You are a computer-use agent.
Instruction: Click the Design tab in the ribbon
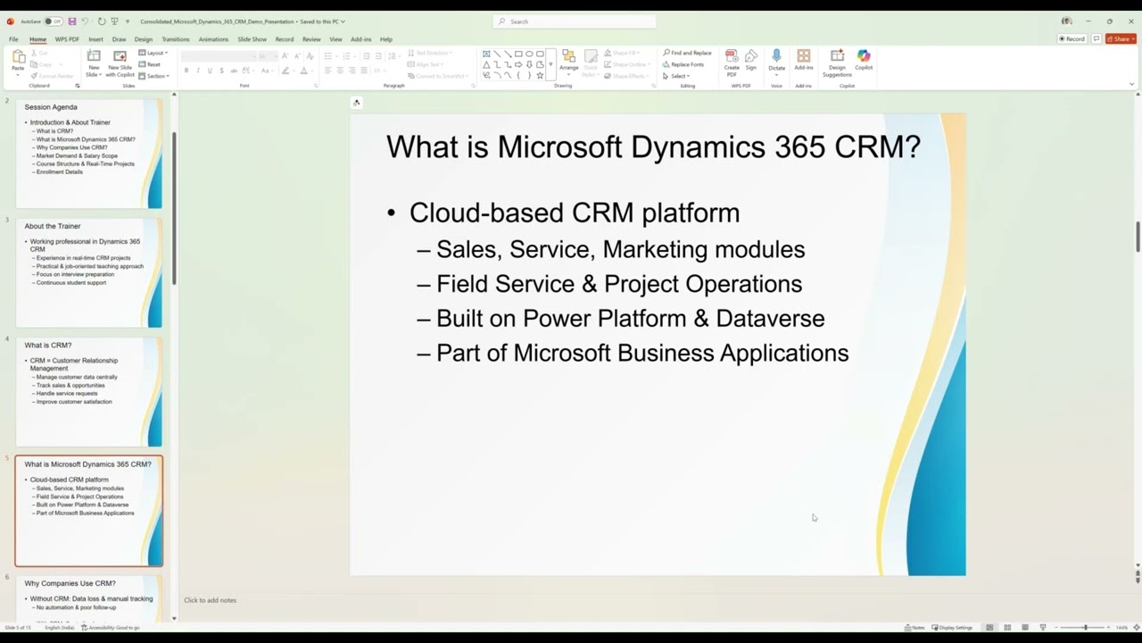[144, 39]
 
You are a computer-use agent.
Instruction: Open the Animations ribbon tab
[213, 39]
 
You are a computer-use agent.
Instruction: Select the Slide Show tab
[252, 39]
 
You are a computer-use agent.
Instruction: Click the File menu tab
[13, 39]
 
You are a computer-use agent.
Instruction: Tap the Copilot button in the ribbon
[864, 60]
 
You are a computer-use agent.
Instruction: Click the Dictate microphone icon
[776, 57]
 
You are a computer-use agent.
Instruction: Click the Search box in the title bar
[575, 21]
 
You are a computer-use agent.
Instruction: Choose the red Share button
[1120, 39]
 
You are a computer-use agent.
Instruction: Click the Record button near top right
[1072, 39]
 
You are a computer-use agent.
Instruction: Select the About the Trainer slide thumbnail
[89, 272]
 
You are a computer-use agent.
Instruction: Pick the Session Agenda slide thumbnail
[89, 154]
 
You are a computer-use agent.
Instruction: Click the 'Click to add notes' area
[211, 600]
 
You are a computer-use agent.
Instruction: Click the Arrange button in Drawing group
[568, 60]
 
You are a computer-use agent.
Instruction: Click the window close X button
[1130, 21]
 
